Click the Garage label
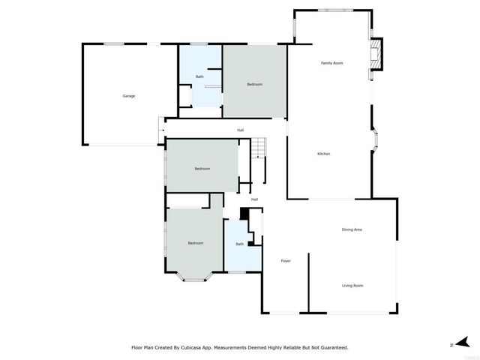click(129, 96)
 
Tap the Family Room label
click(332, 63)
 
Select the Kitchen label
click(324, 154)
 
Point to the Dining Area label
click(352, 229)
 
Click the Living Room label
click(352, 286)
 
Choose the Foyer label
click(286, 261)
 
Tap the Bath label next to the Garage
click(199, 76)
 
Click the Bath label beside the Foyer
click(240, 244)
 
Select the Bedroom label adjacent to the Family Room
click(255, 84)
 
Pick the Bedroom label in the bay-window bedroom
click(196, 243)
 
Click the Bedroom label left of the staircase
click(202, 169)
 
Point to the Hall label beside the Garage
click(241, 130)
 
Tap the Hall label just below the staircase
click(255, 199)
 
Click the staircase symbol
click(258, 148)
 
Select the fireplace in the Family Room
click(378, 52)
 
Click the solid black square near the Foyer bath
click(244, 214)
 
